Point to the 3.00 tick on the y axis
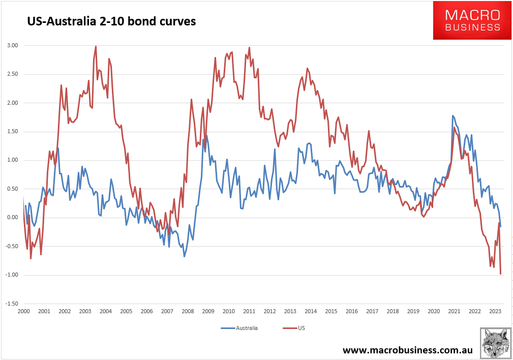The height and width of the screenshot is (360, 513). point(13,46)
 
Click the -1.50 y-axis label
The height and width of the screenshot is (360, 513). point(12,304)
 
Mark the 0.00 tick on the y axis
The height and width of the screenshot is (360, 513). point(13,218)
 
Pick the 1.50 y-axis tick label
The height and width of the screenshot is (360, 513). point(13,132)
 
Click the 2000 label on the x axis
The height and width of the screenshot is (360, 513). point(23,311)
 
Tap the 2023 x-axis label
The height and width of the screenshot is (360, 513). point(495,311)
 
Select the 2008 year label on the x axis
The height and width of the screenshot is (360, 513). point(188,311)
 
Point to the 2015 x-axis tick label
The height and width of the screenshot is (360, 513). point(331,311)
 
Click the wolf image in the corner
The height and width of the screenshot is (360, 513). point(495,343)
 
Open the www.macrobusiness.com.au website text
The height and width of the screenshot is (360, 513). point(408,350)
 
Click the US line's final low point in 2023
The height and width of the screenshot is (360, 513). point(501,274)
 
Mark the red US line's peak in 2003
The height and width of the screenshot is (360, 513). point(96,46)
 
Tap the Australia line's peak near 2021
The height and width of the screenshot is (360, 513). point(452,116)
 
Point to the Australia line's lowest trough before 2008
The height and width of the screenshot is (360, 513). point(184,256)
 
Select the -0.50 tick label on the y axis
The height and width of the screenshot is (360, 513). point(12,246)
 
